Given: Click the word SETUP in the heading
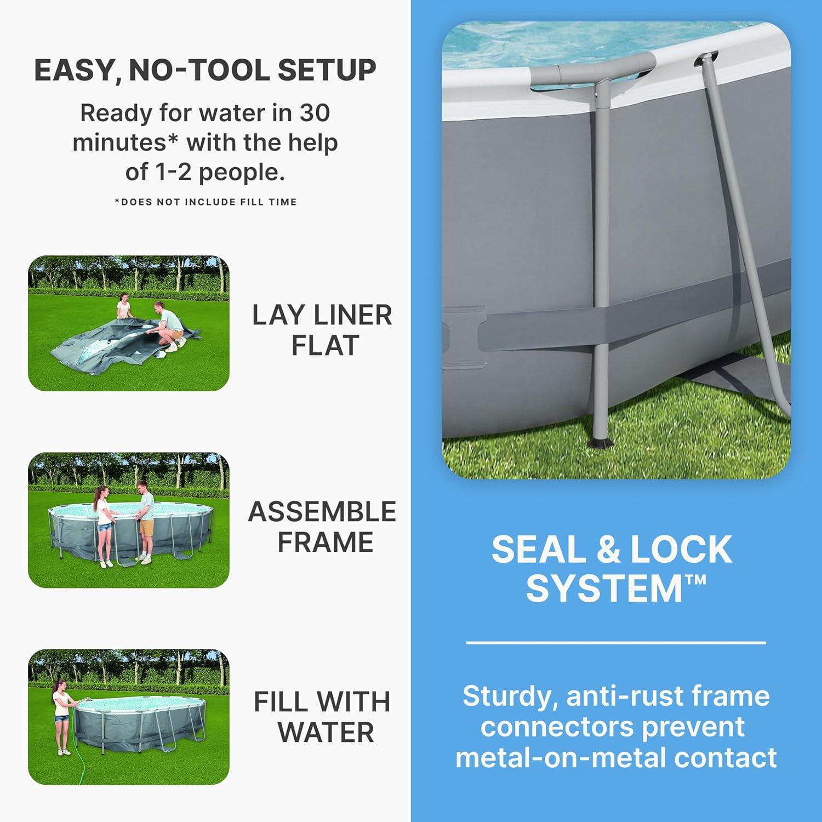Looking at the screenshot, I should point(327,70).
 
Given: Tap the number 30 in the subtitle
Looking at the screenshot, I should point(314,113).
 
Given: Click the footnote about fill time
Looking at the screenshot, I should point(206,202).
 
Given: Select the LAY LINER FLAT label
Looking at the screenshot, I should point(322,330).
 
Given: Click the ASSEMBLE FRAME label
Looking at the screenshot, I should point(322,527).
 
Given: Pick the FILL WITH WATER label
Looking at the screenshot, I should point(322,717).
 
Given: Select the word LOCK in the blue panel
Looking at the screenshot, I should point(681,549).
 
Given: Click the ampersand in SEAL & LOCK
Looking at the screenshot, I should point(607,550).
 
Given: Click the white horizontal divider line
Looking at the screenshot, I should point(616,642).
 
